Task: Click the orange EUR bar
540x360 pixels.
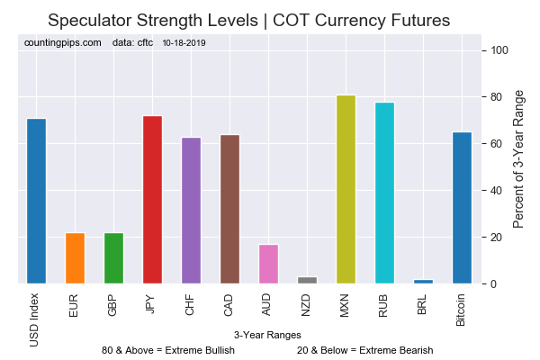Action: click(x=75, y=258)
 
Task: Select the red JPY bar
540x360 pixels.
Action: click(x=153, y=200)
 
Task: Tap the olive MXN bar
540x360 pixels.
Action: click(x=346, y=190)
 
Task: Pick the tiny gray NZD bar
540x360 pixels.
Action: click(x=307, y=280)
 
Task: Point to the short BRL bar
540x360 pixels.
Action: click(x=423, y=282)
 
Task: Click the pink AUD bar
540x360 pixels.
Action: click(x=268, y=265)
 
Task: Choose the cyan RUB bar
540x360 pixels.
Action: click(x=384, y=193)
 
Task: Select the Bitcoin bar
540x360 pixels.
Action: click(x=463, y=208)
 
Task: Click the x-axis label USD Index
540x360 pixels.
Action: click(x=34, y=320)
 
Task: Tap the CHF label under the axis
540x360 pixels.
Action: click(x=190, y=305)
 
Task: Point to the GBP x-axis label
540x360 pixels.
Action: click(x=112, y=305)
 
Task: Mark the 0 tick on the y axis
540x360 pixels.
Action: click(x=494, y=283)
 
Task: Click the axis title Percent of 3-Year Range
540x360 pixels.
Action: click(x=518, y=159)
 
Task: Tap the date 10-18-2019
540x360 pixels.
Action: click(x=184, y=43)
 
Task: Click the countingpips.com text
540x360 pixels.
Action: click(x=63, y=42)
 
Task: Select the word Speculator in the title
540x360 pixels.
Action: click(x=90, y=21)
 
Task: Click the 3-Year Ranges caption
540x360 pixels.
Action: click(x=267, y=335)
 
